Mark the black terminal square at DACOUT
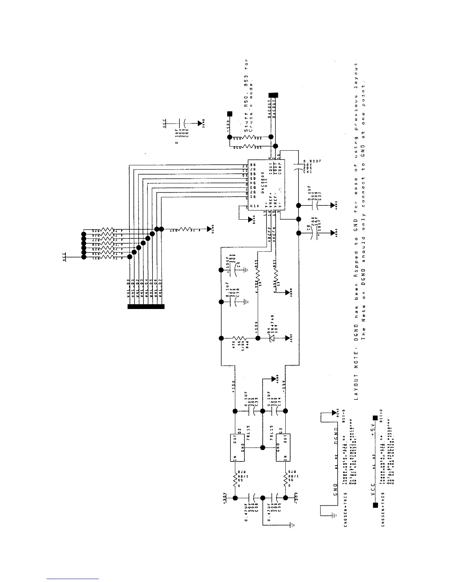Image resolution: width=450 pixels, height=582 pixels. pos(275,95)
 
